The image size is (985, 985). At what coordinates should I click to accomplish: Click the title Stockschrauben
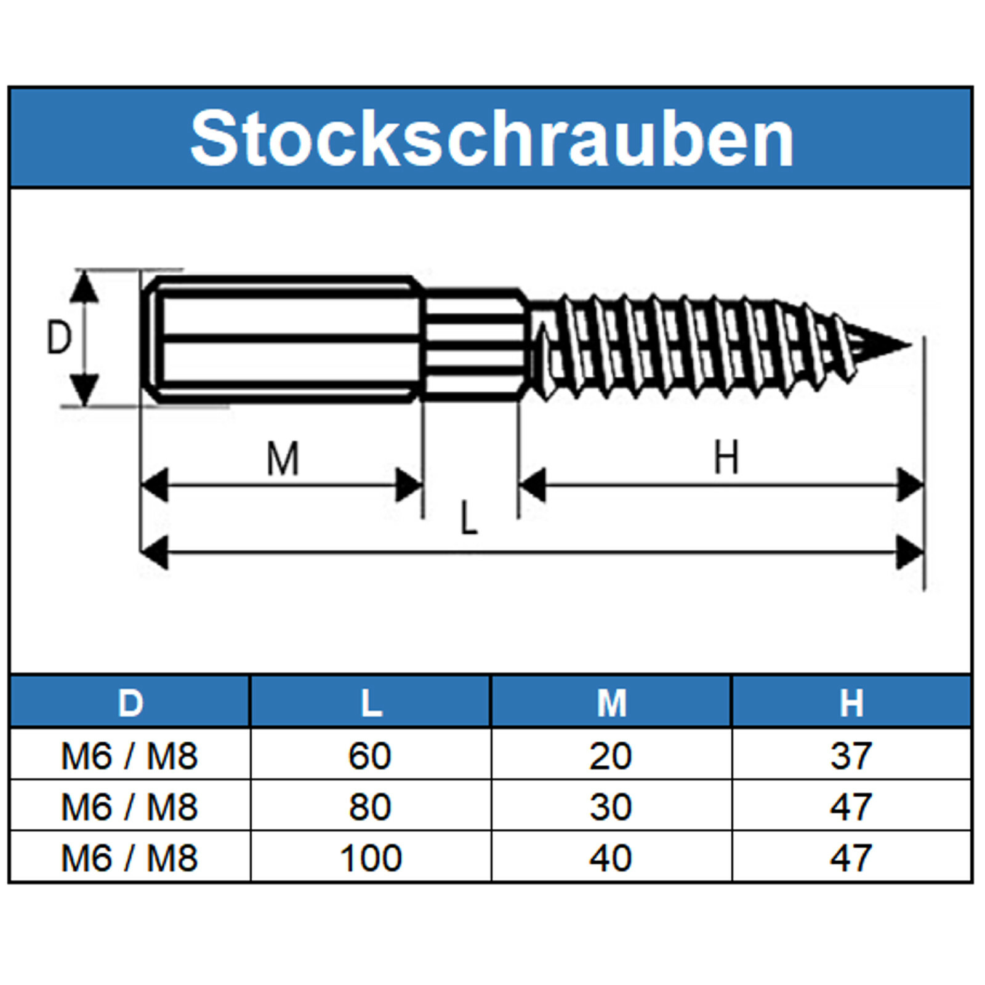coord(491,139)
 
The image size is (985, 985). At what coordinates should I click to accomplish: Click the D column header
coord(130,702)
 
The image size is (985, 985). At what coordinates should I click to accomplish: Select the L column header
coord(371,702)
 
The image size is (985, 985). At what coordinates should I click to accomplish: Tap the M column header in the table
coord(611,702)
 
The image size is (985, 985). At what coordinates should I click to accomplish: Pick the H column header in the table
coord(851,702)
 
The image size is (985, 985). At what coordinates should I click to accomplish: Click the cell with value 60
coord(370,756)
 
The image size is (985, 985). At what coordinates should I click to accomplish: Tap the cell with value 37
coord(851,756)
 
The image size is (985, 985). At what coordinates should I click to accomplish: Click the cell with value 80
coord(370,807)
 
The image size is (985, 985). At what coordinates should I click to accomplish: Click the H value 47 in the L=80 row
coord(851,807)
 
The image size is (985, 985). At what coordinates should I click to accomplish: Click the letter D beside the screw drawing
coord(59,338)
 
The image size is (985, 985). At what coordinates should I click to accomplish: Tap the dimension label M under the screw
coord(283,459)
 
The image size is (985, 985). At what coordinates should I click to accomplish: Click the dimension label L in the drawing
coord(469,518)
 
